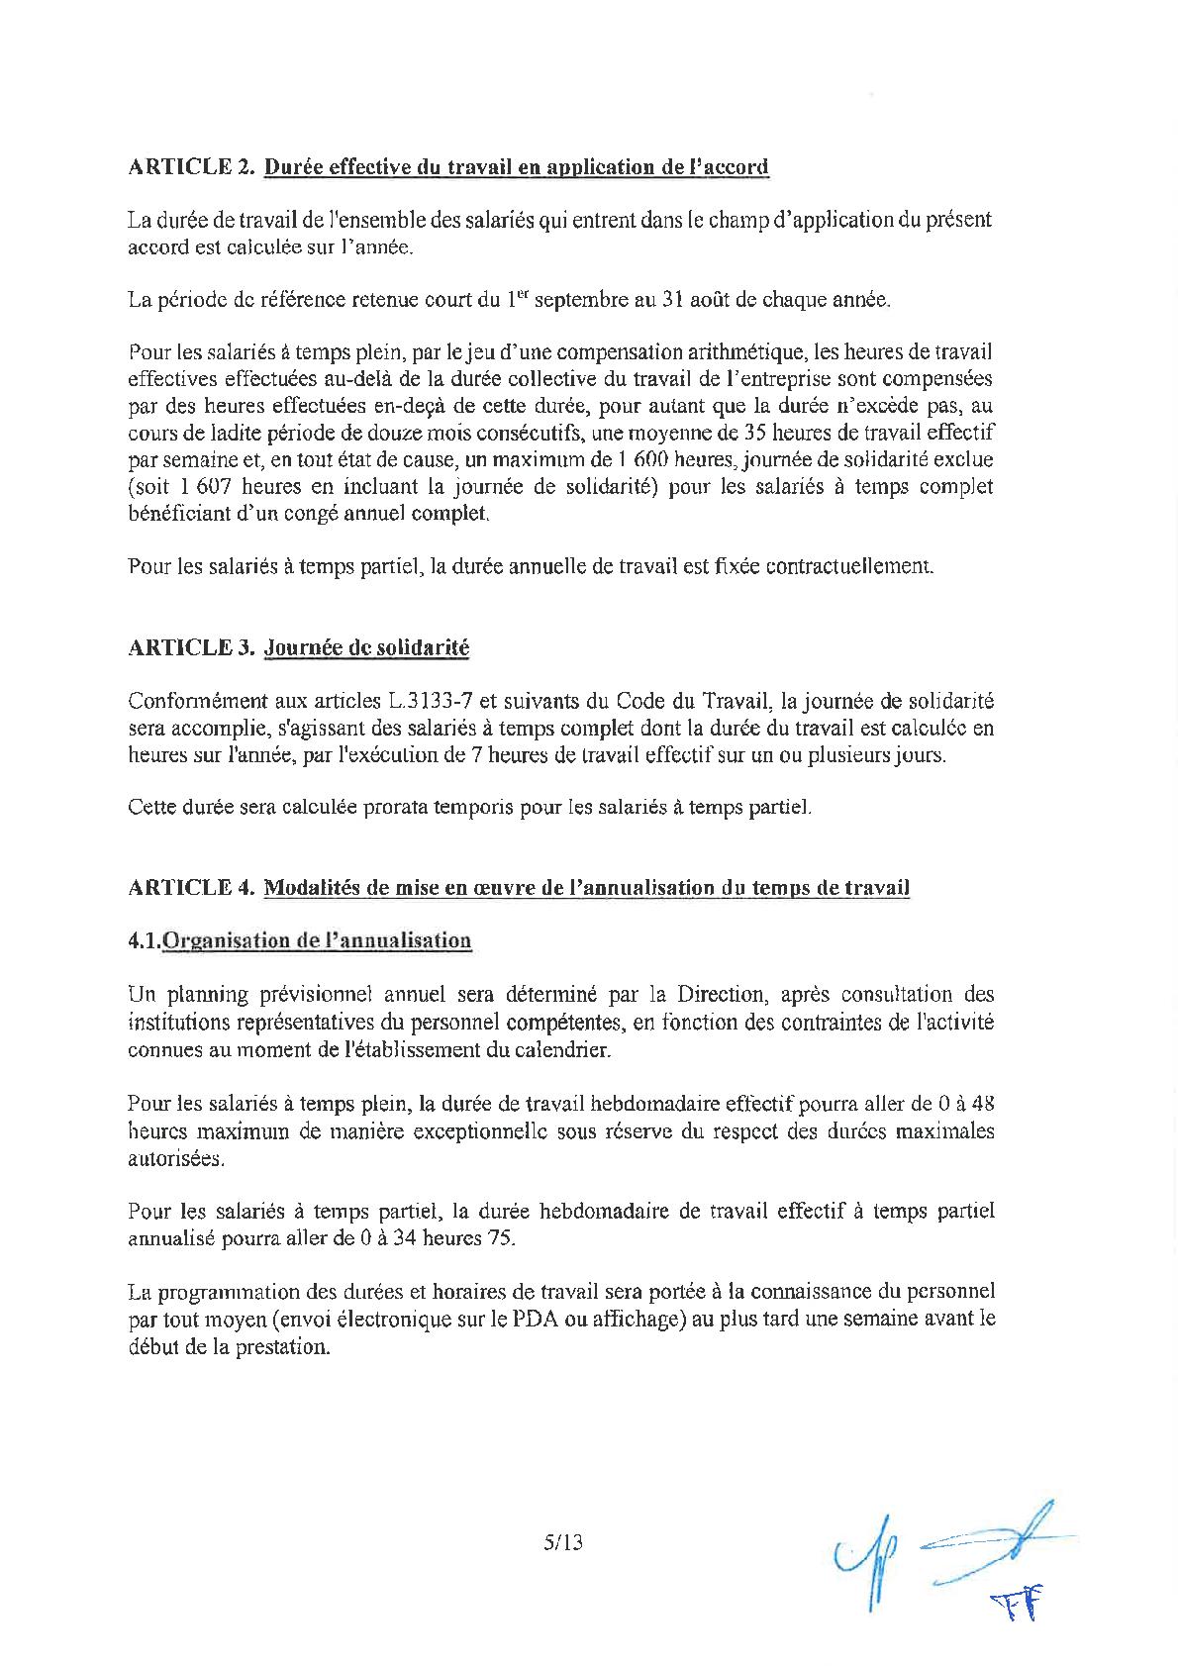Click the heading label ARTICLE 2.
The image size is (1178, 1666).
coord(191,166)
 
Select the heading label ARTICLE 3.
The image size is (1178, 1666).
coord(191,647)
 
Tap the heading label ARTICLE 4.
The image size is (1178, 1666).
coord(191,887)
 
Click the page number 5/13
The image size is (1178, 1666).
coord(563,1541)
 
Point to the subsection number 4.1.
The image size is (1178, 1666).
coord(144,940)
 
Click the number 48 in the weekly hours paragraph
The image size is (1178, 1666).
coord(981,1103)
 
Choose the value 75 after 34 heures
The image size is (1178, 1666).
coord(501,1238)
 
